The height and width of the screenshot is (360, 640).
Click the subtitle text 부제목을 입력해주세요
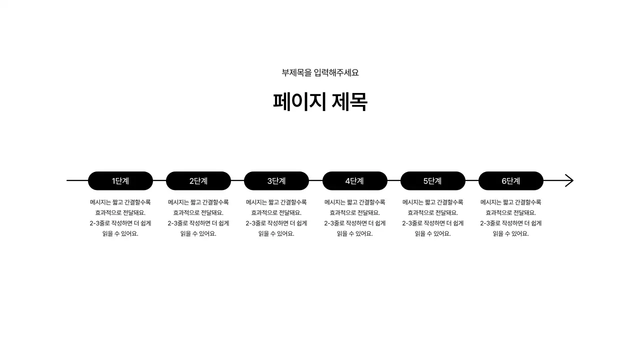pos(320,72)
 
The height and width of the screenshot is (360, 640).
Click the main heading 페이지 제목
pos(320,102)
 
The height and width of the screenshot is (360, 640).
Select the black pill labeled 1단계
pos(120,181)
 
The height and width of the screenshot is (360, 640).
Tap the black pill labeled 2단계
pos(198,181)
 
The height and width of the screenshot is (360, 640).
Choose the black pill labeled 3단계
pos(276,181)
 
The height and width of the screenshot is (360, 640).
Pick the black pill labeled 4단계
pos(355,181)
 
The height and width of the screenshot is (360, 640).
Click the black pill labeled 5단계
pos(433,181)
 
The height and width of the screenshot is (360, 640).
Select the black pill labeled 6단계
pos(511,181)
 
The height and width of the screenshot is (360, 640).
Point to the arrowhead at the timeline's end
pos(569,180)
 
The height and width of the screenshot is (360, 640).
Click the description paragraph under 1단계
pos(120,218)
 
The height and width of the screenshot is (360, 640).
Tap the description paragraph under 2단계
pos(198,218)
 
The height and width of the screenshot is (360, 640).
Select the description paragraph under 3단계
pos(276,218)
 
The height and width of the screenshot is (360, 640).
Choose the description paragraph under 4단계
pos(355,218)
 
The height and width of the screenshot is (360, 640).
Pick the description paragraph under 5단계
pos(433,218)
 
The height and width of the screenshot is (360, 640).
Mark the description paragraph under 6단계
pos(511,218)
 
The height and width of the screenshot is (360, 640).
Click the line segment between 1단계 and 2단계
pos(159,180)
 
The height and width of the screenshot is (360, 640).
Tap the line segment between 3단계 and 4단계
pos(315,180)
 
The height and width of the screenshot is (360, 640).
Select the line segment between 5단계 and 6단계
pos(472,180)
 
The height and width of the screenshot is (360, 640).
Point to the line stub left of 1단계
pos(77,180)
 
